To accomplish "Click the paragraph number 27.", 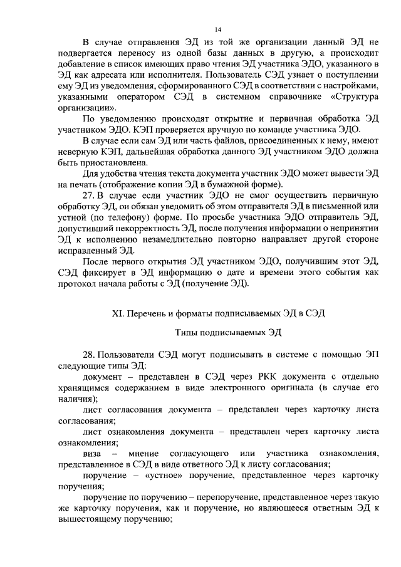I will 90,196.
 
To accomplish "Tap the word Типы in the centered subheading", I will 188,333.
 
